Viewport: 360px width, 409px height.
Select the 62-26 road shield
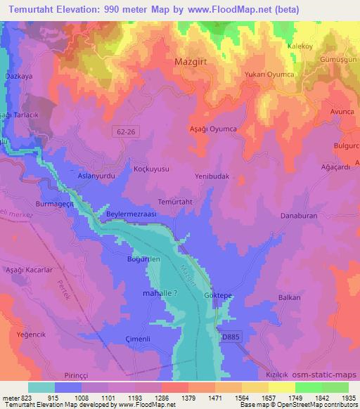(x=123, y=131)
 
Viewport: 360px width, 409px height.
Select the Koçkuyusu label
(x=150, y=170)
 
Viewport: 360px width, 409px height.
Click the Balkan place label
(x=289, y=297)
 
